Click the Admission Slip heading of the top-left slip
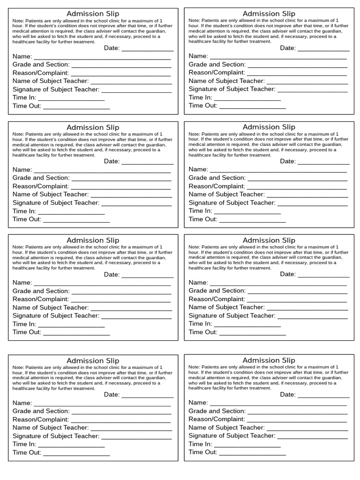[x=93, y=14]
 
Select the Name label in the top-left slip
[x=22, y=56]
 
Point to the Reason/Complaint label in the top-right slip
[x=217, y=73]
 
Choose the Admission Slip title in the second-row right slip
[x=269, y=127]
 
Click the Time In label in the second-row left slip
[x=24, y=211]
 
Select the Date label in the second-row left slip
[x=112, y=161]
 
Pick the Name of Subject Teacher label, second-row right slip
[x=226, y=194]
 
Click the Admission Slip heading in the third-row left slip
[x=93, y=240]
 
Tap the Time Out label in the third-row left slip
[x=27, y=332]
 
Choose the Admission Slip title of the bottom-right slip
[x=269, y=360]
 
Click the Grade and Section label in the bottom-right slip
[x=217, y=411]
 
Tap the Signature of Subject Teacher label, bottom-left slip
[x=56, y=436]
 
